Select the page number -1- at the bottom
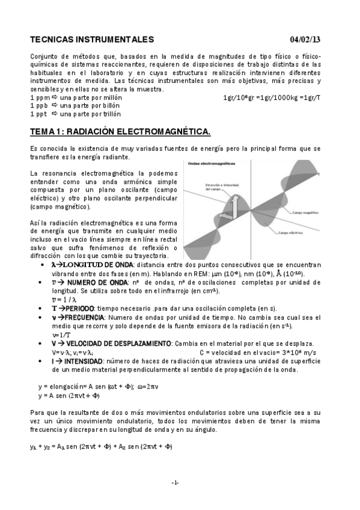[x=174, y=483]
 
